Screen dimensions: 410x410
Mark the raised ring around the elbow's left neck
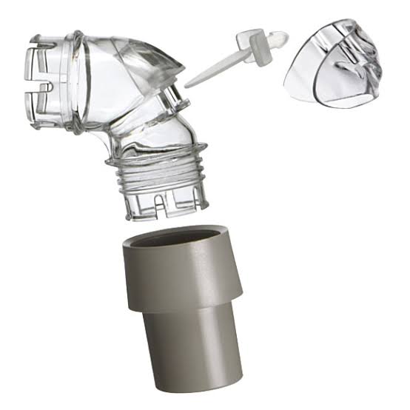pos(77,81)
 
